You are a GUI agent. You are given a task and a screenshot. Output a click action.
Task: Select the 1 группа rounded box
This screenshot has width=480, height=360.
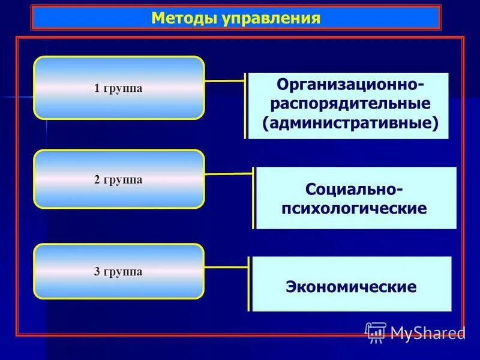click(x=119, y=88)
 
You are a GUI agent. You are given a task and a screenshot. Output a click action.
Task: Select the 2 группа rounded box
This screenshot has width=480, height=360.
click(x=119, y=179)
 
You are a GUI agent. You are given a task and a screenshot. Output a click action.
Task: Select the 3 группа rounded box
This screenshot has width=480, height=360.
click(x=119, y=271)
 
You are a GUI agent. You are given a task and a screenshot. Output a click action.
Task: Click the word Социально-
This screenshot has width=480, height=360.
click(x=355, y=189)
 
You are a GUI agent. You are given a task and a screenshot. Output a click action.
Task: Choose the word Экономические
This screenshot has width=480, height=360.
click(x=351, y=286)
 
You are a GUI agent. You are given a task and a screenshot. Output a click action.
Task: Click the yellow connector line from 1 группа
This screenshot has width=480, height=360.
click(x=225, y=80)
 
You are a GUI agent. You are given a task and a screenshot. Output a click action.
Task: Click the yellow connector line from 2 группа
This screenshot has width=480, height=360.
click(x=228, y=174)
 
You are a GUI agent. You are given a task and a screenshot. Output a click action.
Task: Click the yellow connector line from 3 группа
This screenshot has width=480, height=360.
click(x=227, y=265)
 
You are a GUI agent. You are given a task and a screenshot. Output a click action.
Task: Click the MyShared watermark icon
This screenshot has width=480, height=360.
click(x=376, y=332)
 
